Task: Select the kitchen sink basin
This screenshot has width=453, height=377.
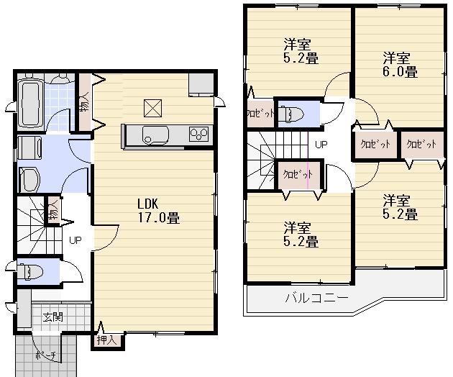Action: click(x=155, y=134)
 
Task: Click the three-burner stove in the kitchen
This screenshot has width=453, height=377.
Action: click(x=198, y=133)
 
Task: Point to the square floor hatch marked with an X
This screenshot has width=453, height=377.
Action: click(x=153, y=107)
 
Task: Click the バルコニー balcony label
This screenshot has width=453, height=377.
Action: click(x=316, y=297)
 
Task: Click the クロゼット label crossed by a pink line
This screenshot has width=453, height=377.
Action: click(x=296, y=174)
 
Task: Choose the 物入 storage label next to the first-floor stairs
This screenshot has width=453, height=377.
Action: click(x=53, y=212)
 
